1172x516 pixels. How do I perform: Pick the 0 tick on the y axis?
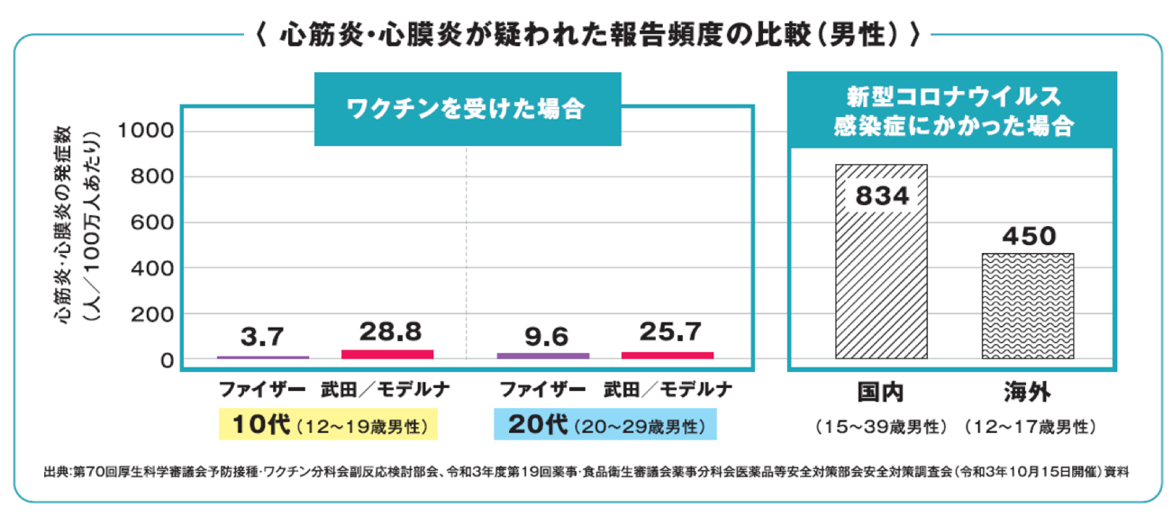(167, 360)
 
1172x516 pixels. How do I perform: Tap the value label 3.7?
(263, 337)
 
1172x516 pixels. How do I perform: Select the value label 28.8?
(387, 331)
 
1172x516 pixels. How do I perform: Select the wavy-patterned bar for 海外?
(1028, 306)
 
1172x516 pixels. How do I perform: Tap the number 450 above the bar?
(1028, 236)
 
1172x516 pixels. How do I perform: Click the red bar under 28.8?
(387, 354)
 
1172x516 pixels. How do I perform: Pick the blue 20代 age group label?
(604, 425)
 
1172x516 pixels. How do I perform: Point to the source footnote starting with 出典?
(586, 471)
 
